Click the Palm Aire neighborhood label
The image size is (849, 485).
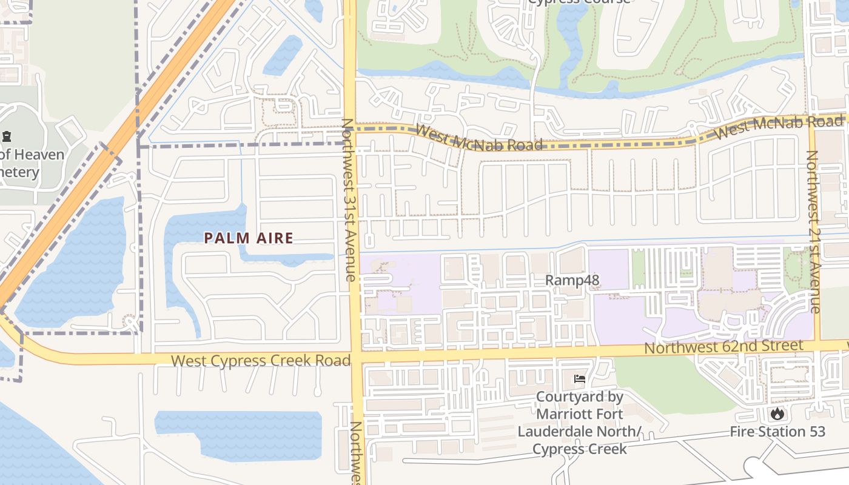tap(249, 238)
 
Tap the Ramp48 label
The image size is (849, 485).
tap(572, 280)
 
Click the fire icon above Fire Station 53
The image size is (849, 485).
tap(777, 415)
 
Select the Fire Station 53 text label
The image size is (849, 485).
tap(777, 432)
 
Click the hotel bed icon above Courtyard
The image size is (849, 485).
tap(579, 380)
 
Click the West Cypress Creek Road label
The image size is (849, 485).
tap(261, 361)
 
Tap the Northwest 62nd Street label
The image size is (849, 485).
tap(723, 347)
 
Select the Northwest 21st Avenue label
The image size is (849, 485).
tap(813, 232)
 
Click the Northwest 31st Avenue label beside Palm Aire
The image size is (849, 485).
tap(348, 200)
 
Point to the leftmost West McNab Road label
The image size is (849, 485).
tap(479, 137)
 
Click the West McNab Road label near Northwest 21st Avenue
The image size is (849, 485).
tap(779, 126)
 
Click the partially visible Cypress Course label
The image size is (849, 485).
tap(579, 2)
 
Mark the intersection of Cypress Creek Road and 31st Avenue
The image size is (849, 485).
tap(355, 358)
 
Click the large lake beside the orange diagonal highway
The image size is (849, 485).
tap(73, 267)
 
